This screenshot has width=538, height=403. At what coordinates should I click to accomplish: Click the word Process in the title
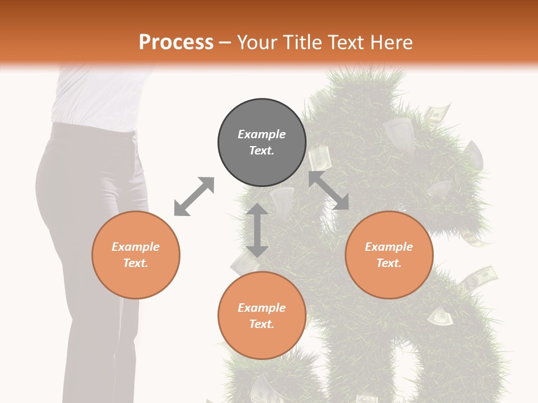click(x=176, y=43)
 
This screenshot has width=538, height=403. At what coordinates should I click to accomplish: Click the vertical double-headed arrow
click(x=257, y=230)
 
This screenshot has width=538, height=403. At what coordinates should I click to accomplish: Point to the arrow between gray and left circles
click(x=194, y=196)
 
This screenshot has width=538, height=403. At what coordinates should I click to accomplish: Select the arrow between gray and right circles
click(x=328, y=190)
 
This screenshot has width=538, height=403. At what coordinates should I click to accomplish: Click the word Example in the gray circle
click(x=262, y=134)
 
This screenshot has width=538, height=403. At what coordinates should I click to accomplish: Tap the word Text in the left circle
click(x=136, y=263)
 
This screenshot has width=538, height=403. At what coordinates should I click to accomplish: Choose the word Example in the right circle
click(x=389, y=247)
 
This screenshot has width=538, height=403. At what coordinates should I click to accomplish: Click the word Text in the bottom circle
click(x=262, y=324)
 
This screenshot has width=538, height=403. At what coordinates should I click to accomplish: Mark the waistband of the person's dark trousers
click(x=92, y=130)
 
